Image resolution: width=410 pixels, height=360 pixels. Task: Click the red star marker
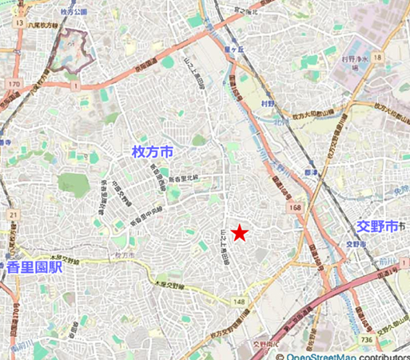point(240,233)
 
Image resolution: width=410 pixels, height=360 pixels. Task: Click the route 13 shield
point(18,24)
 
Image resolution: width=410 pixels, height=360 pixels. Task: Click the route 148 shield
point(240,302)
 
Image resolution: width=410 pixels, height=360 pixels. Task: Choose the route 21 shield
point(14,215)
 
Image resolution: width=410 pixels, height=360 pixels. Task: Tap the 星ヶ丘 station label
point(233,47)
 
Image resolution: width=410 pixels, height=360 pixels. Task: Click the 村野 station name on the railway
point(267,102)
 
